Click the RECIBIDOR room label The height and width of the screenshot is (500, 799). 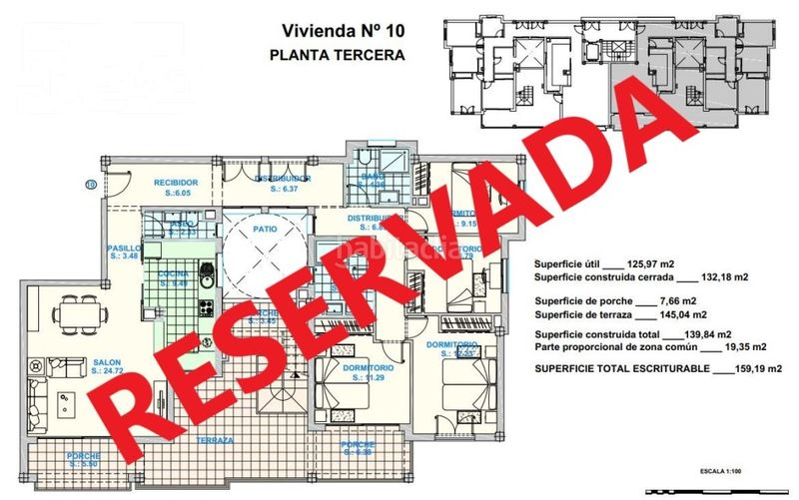(175, 183)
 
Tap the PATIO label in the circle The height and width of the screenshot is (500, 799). (265, 229)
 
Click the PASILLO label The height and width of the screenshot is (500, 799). (123, 250)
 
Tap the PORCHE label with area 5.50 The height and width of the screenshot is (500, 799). (83, 456)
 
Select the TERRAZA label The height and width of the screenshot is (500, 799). (215, 440)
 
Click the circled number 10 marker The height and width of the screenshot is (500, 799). (91, 183)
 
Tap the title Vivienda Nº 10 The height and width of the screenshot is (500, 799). (337, 31)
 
